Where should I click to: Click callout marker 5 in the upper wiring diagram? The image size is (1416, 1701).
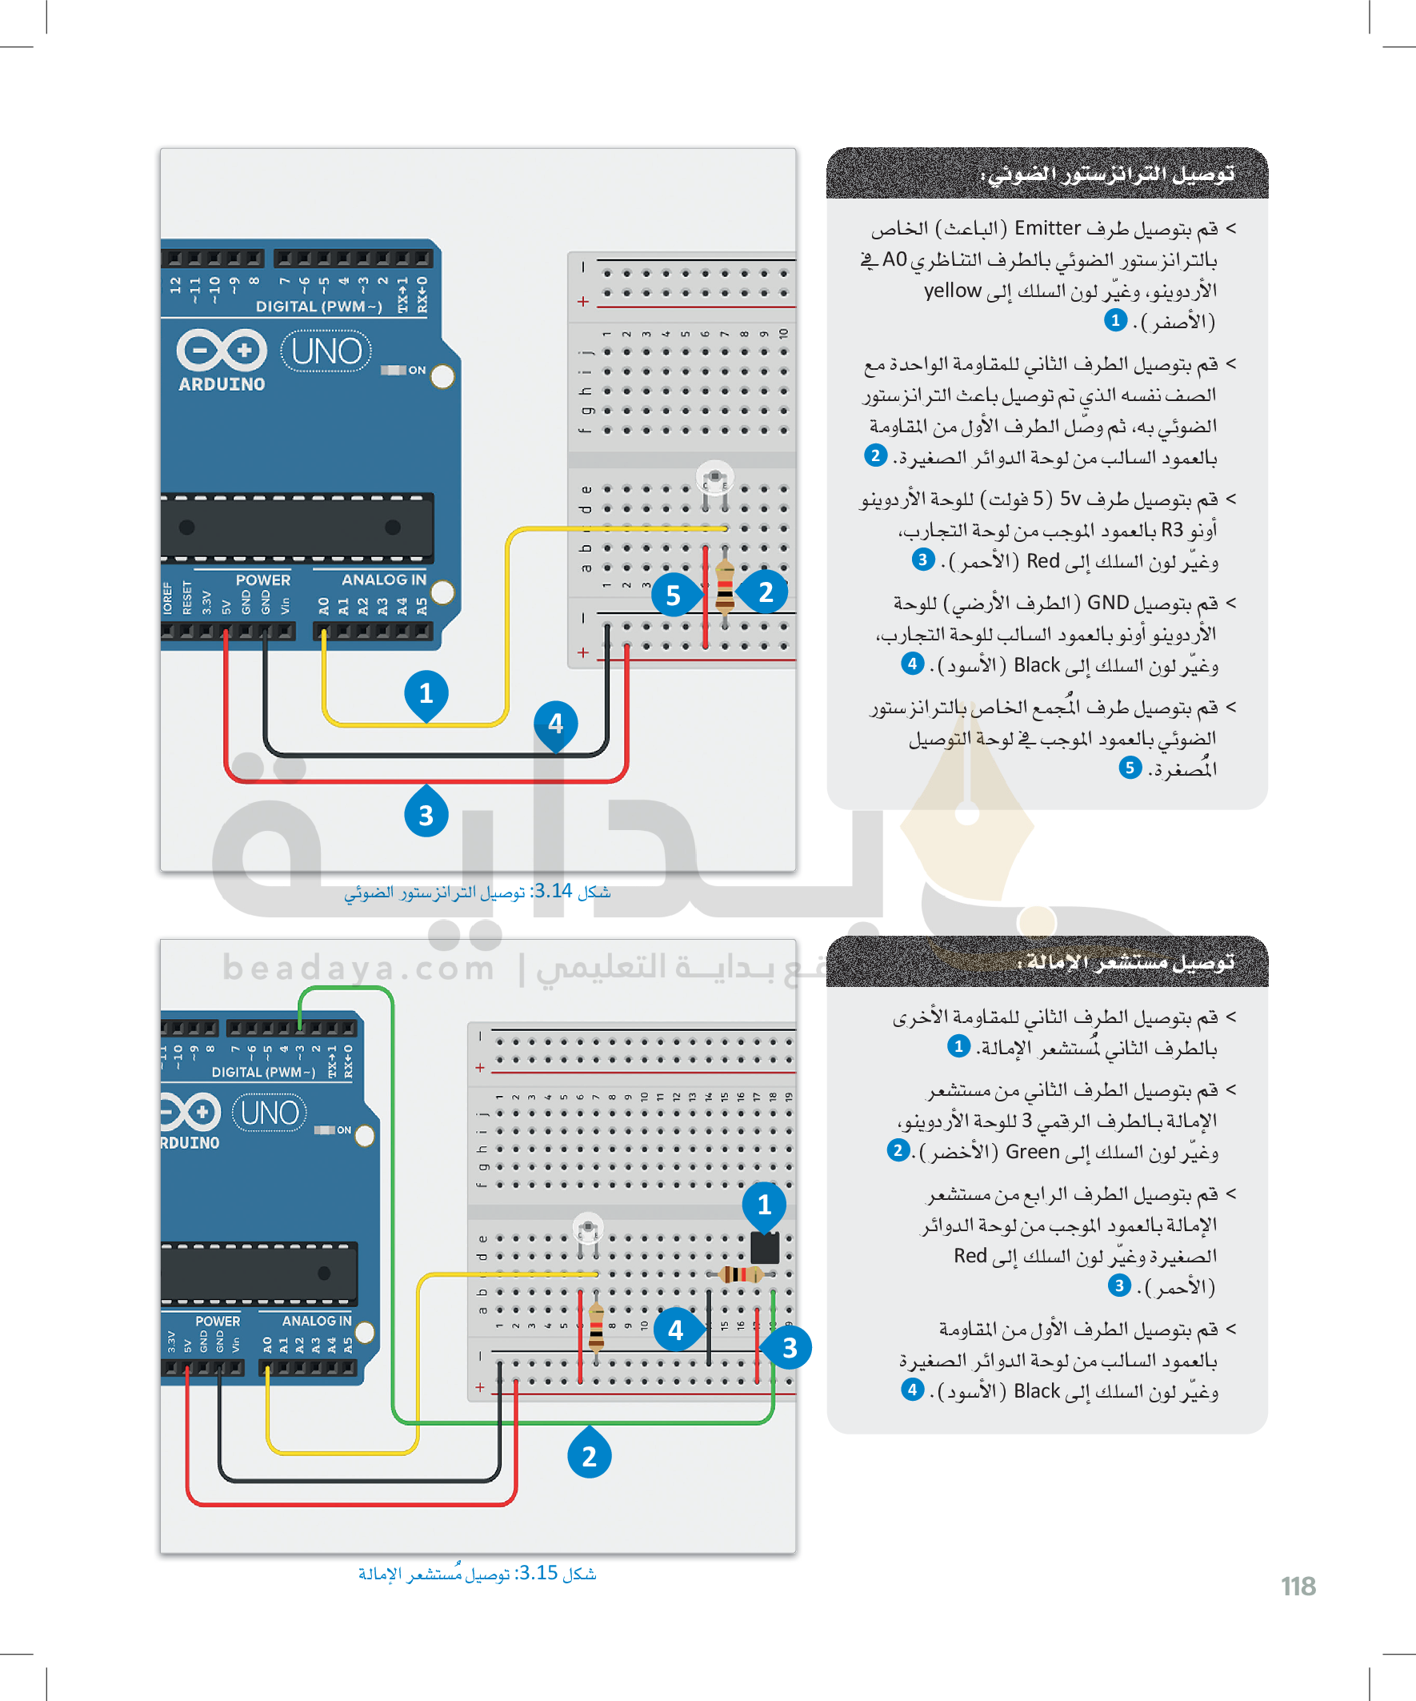pyautogui.click(x=672, y=596)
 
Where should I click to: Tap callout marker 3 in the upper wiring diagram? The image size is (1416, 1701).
pyautogui.click(x=426, y=814)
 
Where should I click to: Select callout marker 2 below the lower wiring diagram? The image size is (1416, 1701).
pyautogui.click(x=589, y=1455)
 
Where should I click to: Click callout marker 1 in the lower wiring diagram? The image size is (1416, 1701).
pyautogui.click(x=763, y=1205)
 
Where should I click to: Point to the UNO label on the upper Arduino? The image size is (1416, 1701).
pyautogui.click(x=326, y=351)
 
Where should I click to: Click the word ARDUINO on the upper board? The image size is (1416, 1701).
pyautogui.click(x=222, y=384)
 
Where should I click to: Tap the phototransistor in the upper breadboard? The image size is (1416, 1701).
pyautogui.click(x=715, y=479)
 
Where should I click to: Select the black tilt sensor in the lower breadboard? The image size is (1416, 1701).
pyautogui.click(x=764, y=1248)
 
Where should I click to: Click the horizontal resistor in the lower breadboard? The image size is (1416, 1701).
pyautogui.click(x=739, y=1274)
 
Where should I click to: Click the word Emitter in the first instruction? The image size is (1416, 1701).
pyautogui.click(x=1048, y=228)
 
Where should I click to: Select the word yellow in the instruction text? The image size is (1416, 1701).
pyautogui.click(x=953, y=291)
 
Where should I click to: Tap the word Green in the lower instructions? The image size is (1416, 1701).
pyautogui.click(x=1032, y=1152)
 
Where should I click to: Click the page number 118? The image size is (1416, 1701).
pyautogui.click(x=1298, y=1586)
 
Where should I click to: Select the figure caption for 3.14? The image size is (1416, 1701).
pyautogui.click(x=478, y=892)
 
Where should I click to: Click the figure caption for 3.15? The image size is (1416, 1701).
pyautogui.click(x=478, y=1573)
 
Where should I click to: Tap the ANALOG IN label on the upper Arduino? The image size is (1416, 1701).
pyautogui.click(x=384, y=580)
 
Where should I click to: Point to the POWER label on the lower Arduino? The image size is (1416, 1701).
pyautogui.click(x=218, y=1321)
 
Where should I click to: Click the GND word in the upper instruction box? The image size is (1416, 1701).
pyautogui.click(x=1107, y=603)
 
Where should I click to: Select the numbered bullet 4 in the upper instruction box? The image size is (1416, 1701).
pyautogui.click(x=913, y=664)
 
